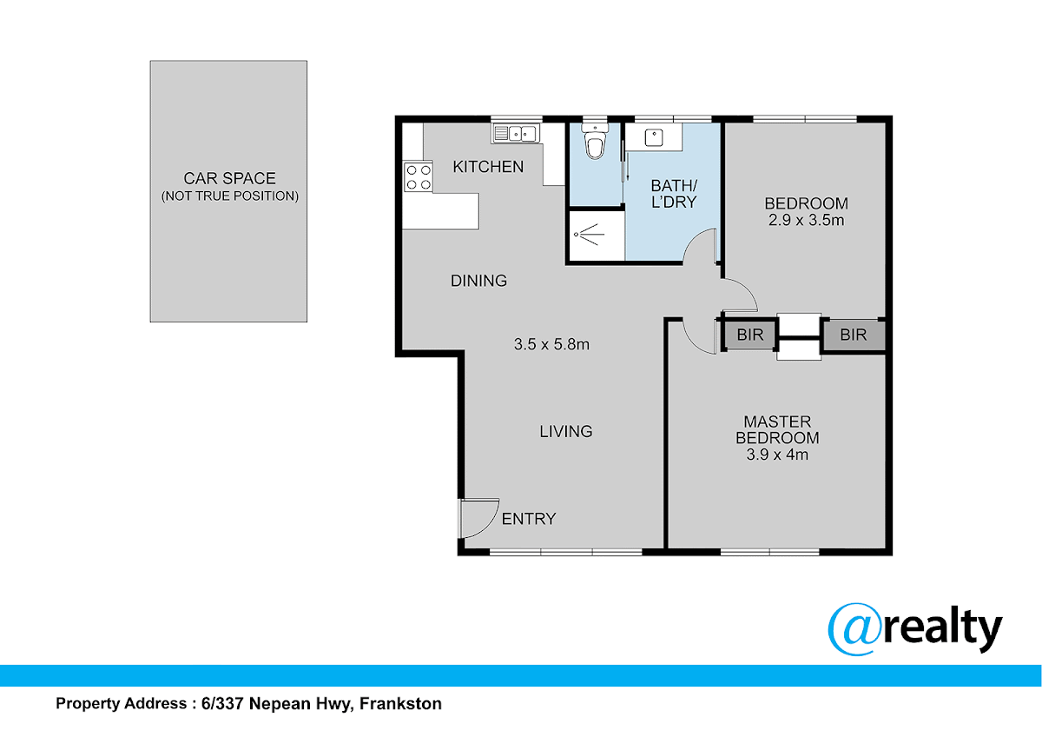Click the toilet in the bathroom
595,142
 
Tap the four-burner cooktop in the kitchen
419,177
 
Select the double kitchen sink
516,134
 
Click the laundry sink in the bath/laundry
654,137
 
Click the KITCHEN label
488,167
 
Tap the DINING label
478,281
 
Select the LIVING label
566,432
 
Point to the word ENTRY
529,519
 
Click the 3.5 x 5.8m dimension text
551,344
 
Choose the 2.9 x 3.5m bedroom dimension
806,220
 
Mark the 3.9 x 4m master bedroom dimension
777,455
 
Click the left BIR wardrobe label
750,335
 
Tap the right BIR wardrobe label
853,335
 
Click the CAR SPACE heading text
229,178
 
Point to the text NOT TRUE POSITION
230,196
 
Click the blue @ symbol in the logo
855,629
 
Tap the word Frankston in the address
400,703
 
